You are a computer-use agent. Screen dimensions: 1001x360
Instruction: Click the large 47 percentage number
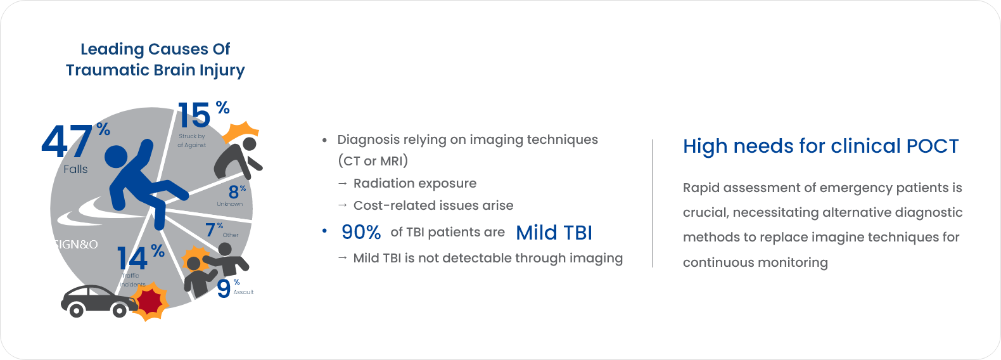67,141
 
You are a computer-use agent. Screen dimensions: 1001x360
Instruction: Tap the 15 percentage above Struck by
194,115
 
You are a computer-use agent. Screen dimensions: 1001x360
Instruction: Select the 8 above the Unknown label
234,192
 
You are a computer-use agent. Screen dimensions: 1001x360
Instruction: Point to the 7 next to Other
210,230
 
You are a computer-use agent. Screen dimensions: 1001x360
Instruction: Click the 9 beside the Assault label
224,289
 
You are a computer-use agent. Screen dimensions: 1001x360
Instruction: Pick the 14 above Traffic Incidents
132,259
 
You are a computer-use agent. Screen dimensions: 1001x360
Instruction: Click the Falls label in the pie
75,169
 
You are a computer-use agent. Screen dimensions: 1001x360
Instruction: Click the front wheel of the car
120,310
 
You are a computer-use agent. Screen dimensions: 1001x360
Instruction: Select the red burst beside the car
151,302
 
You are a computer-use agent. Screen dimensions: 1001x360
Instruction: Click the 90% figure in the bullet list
361,232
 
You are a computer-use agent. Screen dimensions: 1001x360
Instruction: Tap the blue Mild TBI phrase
554,233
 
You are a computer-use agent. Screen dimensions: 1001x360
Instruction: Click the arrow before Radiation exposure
342,183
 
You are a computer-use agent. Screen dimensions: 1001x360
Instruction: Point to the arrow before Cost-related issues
342,205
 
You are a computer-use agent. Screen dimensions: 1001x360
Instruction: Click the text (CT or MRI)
373,160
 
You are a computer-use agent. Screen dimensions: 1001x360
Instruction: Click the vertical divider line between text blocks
653,203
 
